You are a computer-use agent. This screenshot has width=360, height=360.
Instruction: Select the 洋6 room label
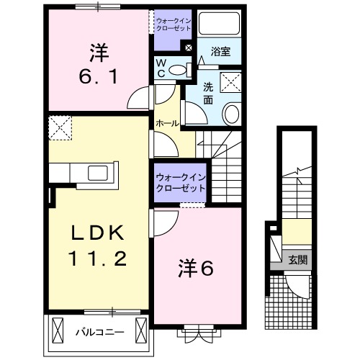196,268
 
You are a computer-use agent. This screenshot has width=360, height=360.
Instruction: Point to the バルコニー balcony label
99,332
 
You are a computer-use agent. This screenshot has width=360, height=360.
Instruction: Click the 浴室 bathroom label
220,52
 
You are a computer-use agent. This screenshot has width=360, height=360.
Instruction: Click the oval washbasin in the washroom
233,112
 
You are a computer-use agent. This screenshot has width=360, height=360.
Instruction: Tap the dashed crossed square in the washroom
231,81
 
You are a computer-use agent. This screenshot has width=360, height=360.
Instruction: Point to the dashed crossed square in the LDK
60,130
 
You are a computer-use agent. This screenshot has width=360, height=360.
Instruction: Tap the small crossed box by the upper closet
189,48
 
